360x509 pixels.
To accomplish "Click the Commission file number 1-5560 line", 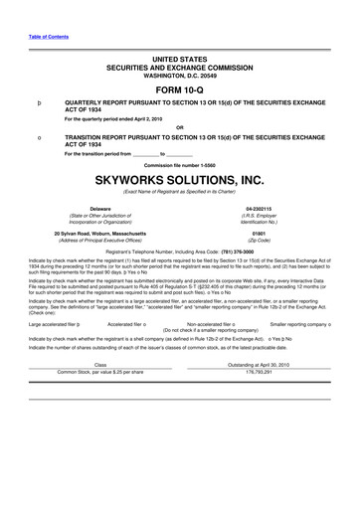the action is (179, 164).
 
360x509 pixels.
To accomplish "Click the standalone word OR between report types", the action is (179, 126).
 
